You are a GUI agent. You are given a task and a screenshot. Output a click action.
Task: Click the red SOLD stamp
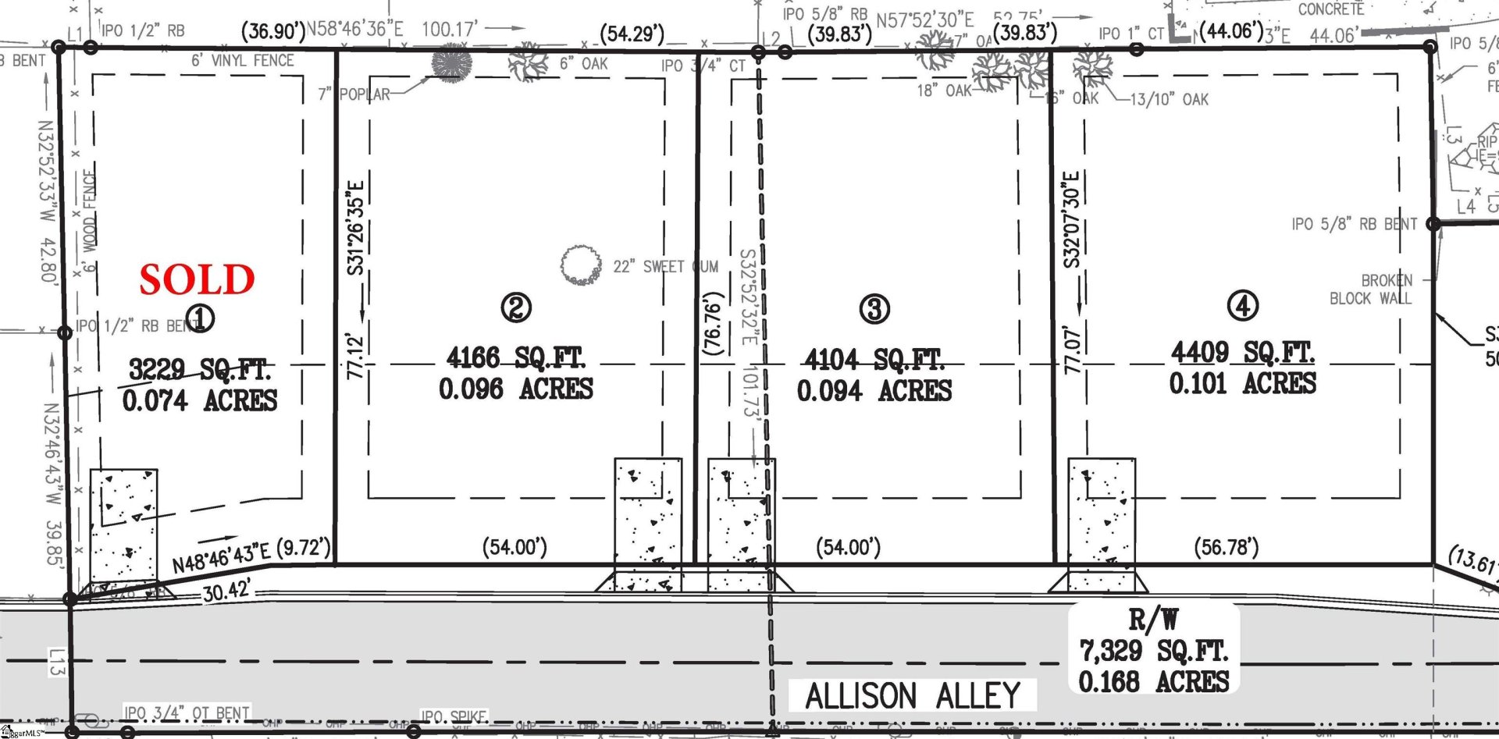198,279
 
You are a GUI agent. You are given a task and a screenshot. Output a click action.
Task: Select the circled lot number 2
516,307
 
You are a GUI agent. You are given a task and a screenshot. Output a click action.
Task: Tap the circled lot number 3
874,309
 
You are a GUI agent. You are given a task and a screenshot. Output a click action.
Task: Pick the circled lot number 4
1243,305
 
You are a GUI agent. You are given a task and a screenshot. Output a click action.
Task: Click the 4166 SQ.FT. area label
515,358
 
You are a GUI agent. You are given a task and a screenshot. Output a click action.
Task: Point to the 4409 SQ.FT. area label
1242,353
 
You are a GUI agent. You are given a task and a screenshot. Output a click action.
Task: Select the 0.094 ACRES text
874,390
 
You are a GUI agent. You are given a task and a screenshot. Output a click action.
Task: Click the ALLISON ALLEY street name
913,695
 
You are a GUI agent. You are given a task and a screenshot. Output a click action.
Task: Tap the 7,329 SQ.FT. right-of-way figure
1153,650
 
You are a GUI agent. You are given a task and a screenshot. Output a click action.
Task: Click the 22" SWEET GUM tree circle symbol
579,265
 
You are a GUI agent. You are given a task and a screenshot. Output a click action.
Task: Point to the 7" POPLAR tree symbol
451,62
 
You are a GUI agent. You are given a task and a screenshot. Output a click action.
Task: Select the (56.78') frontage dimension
1227,547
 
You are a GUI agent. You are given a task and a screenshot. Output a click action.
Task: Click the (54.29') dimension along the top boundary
632,34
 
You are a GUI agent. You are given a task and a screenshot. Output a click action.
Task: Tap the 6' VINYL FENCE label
243,60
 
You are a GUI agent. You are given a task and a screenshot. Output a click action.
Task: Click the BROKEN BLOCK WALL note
1371,290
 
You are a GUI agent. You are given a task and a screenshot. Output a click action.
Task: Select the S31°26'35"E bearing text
355,228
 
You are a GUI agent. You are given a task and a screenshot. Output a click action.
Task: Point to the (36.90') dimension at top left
272,31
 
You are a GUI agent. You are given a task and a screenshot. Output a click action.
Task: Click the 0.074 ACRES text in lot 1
200,400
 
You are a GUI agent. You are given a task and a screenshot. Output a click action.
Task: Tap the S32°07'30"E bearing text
1072,219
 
